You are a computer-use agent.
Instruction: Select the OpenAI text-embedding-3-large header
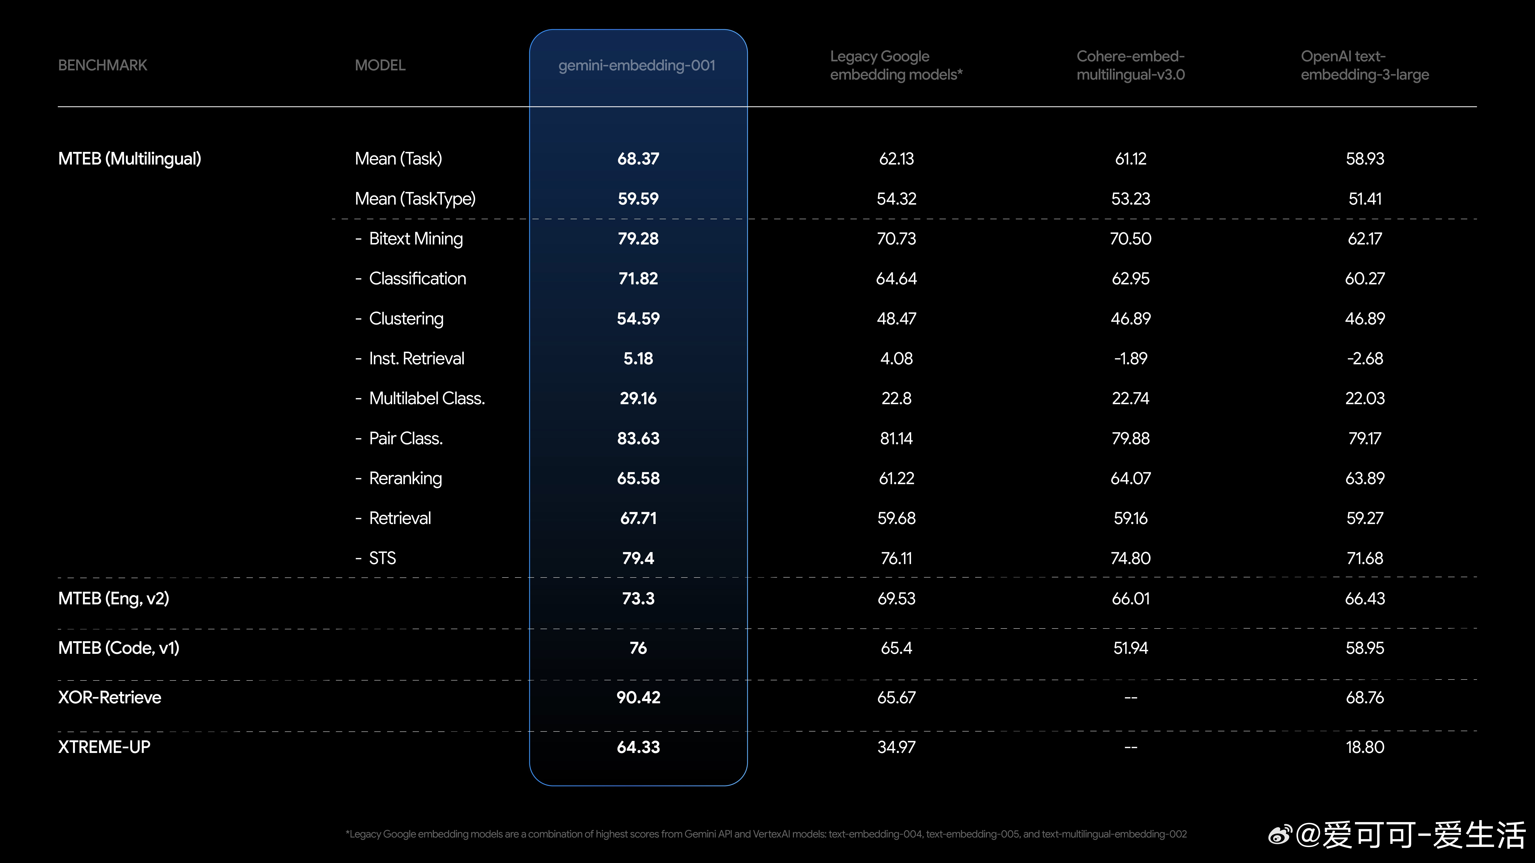point(1365,66)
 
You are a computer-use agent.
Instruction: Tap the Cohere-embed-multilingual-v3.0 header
point(1130,66)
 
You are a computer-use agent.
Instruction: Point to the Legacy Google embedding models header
point(896,66)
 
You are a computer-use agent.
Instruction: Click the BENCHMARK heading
point(102,66)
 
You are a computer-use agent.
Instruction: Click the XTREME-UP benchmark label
point(104,747)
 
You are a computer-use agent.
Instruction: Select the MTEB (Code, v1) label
point(119,648)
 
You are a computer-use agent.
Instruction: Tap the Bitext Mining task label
point(415,239)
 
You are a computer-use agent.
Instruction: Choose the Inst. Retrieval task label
point(417,359)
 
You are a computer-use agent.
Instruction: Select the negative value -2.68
point(1365,359)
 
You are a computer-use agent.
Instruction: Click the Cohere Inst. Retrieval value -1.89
point(1130,359)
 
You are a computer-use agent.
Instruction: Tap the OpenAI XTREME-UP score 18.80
point(1365,747)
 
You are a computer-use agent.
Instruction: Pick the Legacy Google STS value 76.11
point(896,558)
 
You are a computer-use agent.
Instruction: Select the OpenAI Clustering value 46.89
point(1365,319)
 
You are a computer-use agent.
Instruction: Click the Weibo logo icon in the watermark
point(1280,834)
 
